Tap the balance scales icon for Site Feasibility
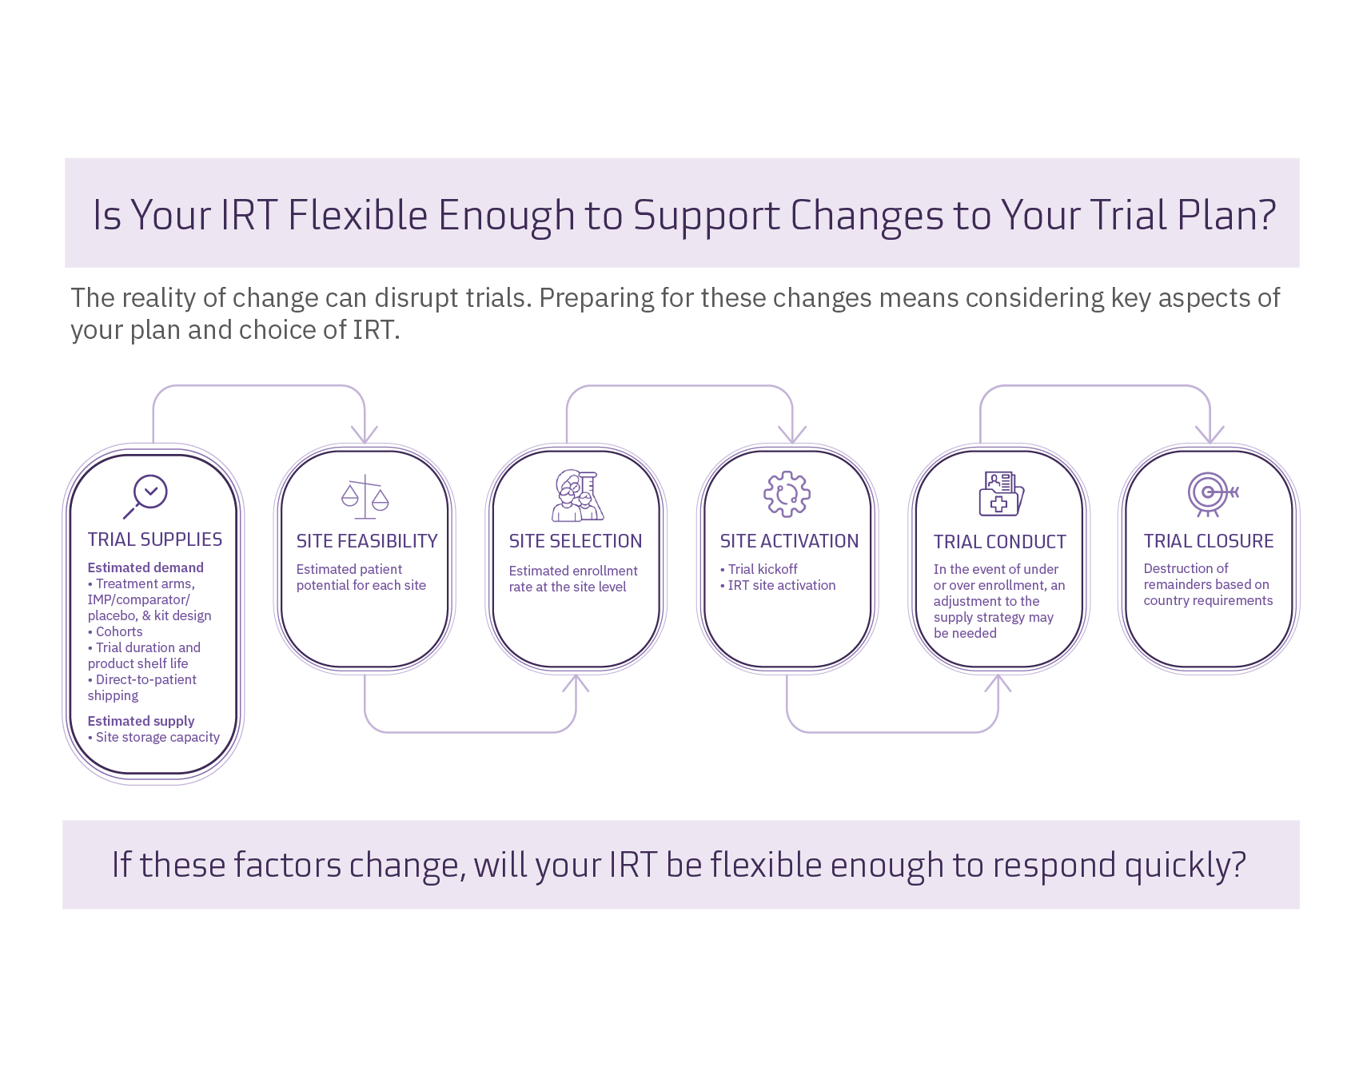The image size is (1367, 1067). click(x=365, y=497)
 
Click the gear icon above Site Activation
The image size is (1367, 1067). click(x=787, y=494)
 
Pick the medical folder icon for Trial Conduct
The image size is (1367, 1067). click(x=1001, y=494)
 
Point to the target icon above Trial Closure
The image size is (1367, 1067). click(x=1210, y=494)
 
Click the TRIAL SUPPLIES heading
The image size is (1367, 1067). click(x=155, y=539)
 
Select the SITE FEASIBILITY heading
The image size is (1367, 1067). click(x=367, y=541)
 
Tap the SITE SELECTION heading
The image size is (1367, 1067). click(x=576, y=541)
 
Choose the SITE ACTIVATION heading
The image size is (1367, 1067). click(x=789, y=541)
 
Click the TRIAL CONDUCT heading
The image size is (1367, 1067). click(x=999, y=542)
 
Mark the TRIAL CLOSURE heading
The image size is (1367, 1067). click(x=1209, y=541)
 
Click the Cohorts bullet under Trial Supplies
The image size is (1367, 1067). click(x=118, y=631)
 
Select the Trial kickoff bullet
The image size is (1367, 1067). click(x=762, y=569)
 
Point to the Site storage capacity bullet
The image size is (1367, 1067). click(x=157, y=737)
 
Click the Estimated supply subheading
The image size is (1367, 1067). click(x=141, y=721)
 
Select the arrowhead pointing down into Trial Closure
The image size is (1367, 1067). click(x=1210, y=435)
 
